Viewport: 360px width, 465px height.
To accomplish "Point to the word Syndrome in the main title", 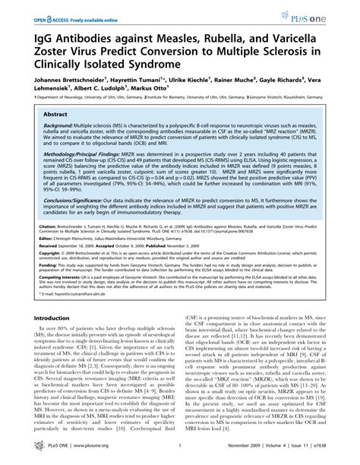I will point(156,60).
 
